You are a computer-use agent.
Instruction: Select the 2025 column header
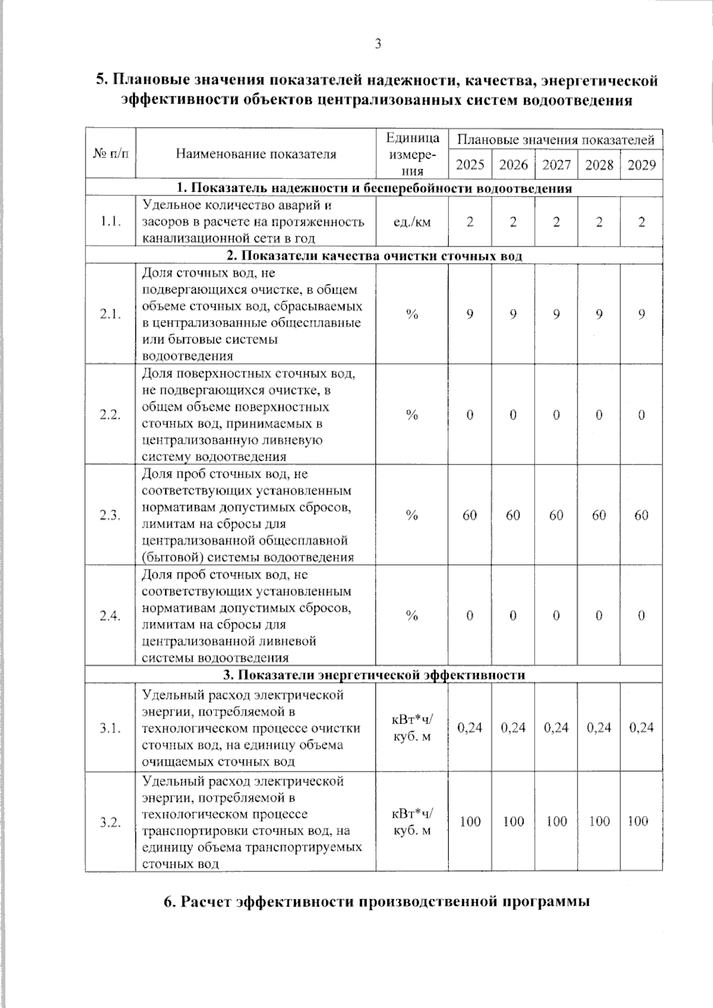[470, 165]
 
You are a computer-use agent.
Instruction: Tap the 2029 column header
[642, 165]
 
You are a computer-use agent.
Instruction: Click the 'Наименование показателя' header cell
[256, 154]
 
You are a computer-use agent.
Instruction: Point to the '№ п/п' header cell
[111, 154]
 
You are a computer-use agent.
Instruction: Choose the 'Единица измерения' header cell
[412, 154]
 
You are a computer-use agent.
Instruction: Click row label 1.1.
[111, 222]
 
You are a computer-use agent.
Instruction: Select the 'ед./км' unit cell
[412, 222]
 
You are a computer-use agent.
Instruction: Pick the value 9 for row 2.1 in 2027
[556, 314]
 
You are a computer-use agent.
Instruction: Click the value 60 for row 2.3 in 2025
[470, 515]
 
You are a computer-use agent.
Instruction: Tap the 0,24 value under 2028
[599, 727]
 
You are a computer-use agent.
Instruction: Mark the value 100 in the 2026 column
[513, 821]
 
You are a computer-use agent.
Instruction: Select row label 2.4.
[111, 616]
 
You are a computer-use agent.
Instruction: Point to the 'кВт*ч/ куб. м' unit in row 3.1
[412, 728]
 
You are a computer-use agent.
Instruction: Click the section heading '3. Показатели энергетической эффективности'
[374, 675]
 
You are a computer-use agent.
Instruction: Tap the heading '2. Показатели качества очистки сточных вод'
[374, 256]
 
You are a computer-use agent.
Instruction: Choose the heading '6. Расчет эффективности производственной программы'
[377, 901]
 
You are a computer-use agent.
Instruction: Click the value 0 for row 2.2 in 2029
[642, 415]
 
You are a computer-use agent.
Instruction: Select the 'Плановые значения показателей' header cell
[556, 140]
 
